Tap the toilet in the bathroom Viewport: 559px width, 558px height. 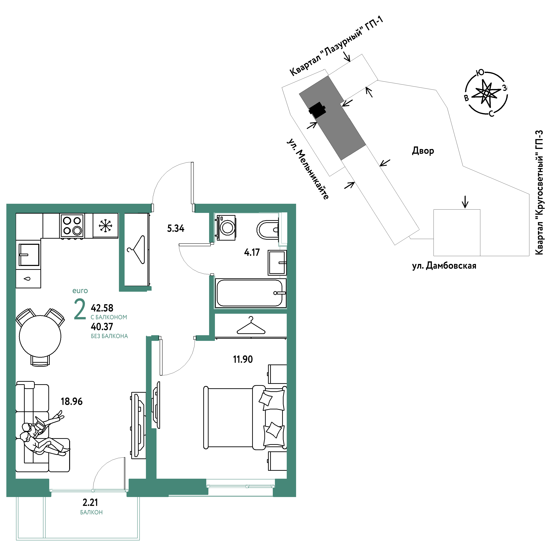pyautogui.click(x=268, y=230)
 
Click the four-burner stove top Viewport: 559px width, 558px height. pyautogui.click(x=72, y=226)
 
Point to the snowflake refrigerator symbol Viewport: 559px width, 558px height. pyautogui.click(x=105, y=226)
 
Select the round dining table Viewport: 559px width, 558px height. pyautogui.click(x=40, y=336)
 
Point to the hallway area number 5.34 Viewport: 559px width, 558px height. pyautogui.click(x=176, y=229)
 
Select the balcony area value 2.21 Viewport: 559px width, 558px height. pyautogui.click(x=90, y=502)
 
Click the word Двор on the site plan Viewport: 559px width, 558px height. pyautogui.click(x=423, y=151)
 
